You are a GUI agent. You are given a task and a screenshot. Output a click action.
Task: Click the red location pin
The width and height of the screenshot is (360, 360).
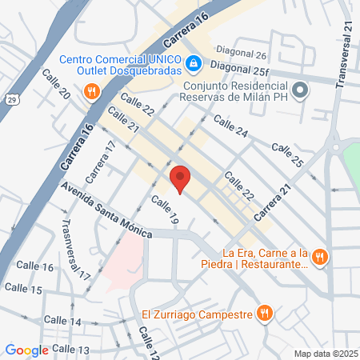pos(179,178)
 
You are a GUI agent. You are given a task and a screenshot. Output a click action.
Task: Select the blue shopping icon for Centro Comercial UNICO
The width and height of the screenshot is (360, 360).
pos(193,62)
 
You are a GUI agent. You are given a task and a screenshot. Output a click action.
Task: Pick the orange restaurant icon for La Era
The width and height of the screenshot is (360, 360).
pos(319,256)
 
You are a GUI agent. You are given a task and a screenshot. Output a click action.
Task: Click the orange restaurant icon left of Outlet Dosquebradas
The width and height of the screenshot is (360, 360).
pos(93,90)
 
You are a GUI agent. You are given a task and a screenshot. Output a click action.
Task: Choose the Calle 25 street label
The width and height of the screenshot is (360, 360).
pos(287,155)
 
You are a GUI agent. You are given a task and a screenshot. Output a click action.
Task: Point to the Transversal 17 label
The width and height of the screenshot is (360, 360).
pos(75,249)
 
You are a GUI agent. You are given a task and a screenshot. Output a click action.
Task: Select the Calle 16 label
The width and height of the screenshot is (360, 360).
pos(38,266)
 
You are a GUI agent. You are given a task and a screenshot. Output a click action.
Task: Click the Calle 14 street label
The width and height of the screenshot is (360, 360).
pos(64,321)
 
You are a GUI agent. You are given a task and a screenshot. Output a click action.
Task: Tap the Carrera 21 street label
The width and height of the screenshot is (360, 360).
pos(273,206)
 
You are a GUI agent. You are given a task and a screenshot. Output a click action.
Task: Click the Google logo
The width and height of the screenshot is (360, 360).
pos(26,350)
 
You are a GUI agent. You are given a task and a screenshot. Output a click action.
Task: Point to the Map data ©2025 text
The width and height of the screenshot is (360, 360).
pos(326,353)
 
